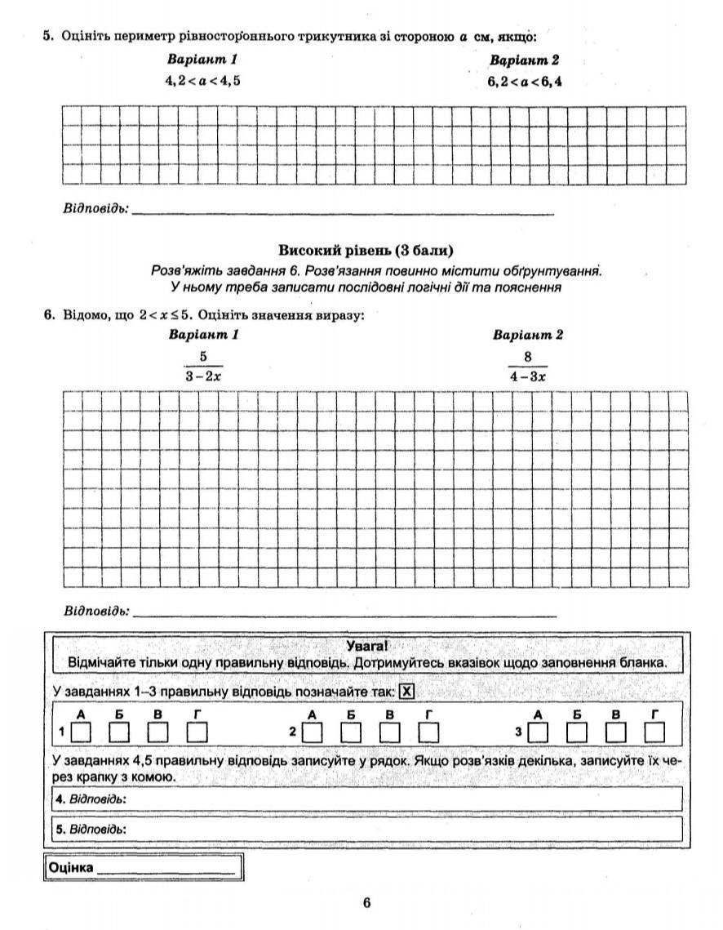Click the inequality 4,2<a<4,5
click(203, 80)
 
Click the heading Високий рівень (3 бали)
click(366, 251)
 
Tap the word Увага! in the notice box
click(366, 646)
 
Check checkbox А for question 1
click(81, 729)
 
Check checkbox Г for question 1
click(197, 729)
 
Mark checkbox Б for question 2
click(350, 729)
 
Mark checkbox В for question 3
click(616, 729)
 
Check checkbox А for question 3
click(539, 729)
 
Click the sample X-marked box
click(407, 692)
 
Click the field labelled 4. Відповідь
click(366, 799)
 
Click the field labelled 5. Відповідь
click(366, 828)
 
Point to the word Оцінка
click(71, 866)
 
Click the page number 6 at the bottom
click(366, 902)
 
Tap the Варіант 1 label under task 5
click(202, 60)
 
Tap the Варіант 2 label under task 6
click(527, 335)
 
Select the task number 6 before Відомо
click(48, 314)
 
